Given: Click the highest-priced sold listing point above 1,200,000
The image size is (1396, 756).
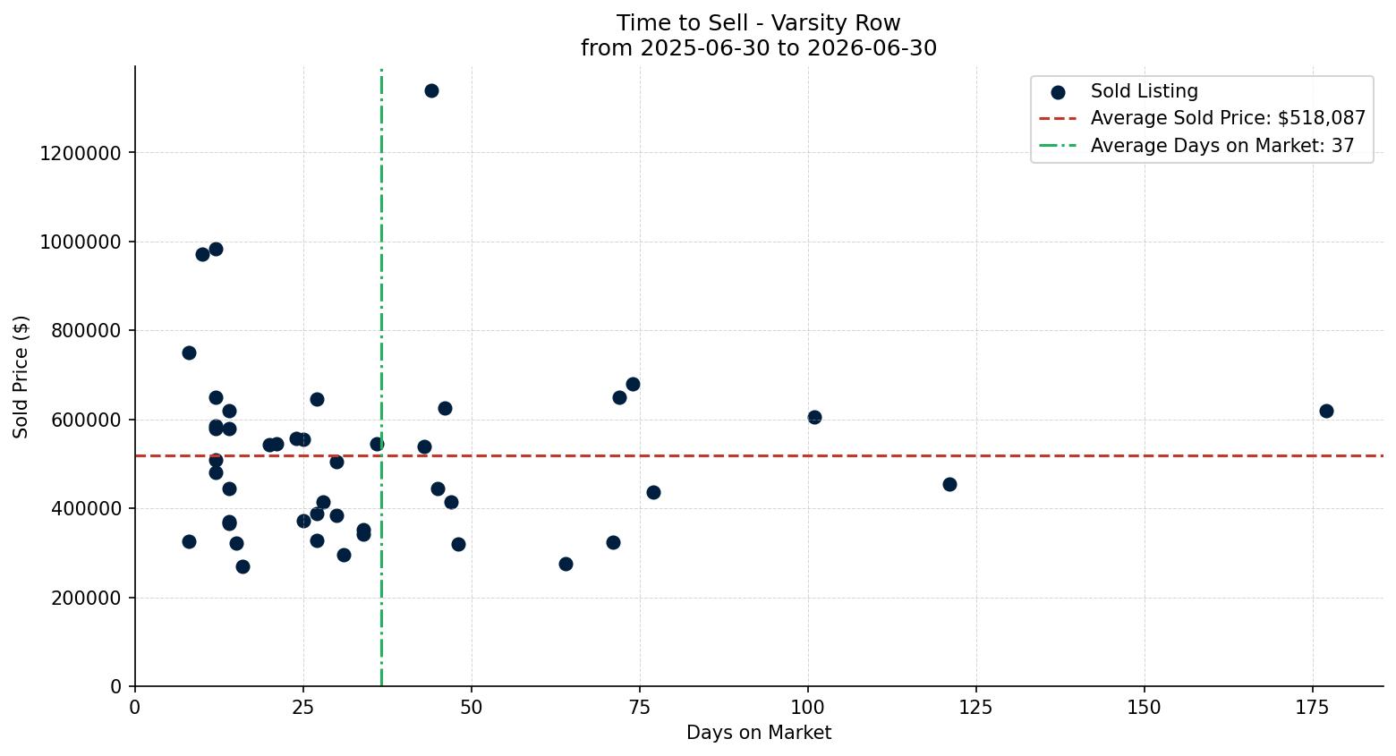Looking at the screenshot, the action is (x=431, y=91).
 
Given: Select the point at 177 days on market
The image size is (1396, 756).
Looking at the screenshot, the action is (x=1326, y=412).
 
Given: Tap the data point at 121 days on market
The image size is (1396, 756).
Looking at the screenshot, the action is (x=949, y=485).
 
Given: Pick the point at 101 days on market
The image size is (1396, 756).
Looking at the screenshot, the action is (x=814, y=418).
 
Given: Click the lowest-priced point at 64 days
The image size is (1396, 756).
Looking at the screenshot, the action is (x=566, y=564).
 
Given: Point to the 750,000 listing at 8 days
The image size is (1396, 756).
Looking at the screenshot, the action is (x=189, y=353).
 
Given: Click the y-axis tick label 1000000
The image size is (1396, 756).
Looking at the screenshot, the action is (x=81, y=242).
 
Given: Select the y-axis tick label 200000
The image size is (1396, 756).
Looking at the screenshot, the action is (x=86, y=599).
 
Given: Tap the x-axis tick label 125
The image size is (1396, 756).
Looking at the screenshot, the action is (x=976, y=709).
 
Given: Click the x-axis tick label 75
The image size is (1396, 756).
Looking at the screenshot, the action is (x=640, y=709).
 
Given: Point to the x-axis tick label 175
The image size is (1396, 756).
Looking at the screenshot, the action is (x=1313, y=709).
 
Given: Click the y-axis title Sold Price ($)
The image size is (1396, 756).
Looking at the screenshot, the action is (x=21, y=377).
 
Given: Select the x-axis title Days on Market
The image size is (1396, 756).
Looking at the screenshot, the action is (x=759, y=733).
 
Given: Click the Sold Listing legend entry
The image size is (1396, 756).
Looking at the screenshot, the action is (x=1124, y=91).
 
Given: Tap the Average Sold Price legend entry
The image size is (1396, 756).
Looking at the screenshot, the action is (x=1202, y=118).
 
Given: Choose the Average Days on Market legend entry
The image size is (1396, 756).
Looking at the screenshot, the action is (x=1196, y=146).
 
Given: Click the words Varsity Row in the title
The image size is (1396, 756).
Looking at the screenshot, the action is (x=836, y=23).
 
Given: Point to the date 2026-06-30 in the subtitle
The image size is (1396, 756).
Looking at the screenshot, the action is (x=872, y=48).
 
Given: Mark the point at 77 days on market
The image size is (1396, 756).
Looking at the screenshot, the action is (x=653, y=493).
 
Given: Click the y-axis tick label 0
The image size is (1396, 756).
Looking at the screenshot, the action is (x=116, y=687).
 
